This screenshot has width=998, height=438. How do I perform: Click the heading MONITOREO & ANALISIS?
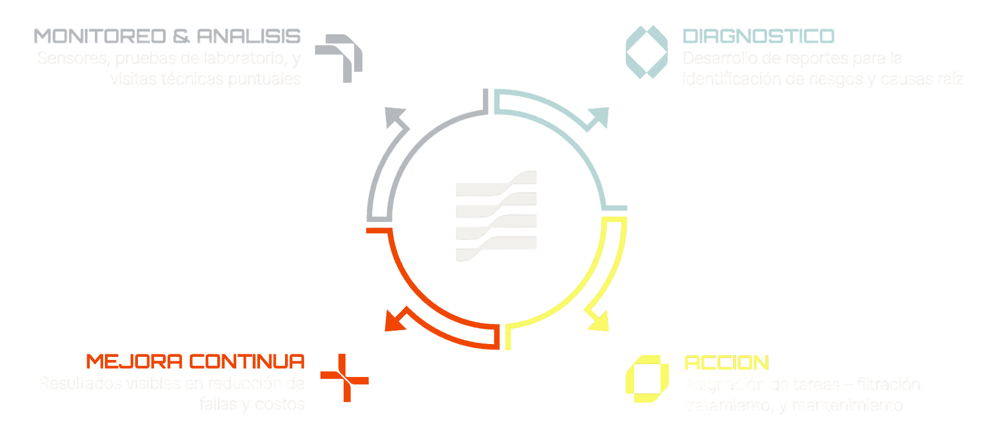tap(167, 36)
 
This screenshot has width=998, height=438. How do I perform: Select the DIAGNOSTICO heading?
tap(758, 36)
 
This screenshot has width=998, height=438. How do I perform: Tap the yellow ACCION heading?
tap(726, 362)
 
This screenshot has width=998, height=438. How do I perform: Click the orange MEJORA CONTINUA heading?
tap(195, 361)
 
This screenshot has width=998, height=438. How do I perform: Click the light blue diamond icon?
tap(646, 52)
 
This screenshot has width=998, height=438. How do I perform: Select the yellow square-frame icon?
tap(643, 378)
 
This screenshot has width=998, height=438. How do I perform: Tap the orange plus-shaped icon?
tap(344, 378)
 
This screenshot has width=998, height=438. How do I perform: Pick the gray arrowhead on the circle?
tap(397, 117)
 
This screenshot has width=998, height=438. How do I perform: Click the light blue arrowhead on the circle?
tap(598, 118)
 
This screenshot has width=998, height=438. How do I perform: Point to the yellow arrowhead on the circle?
tap(598, 320)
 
